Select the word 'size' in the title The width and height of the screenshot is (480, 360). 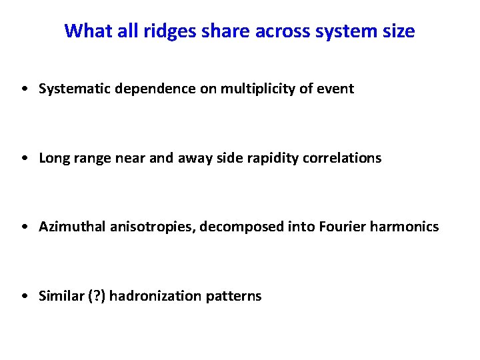click(x=397, y=31)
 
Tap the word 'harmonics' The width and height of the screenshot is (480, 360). click(x=407, y=227)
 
